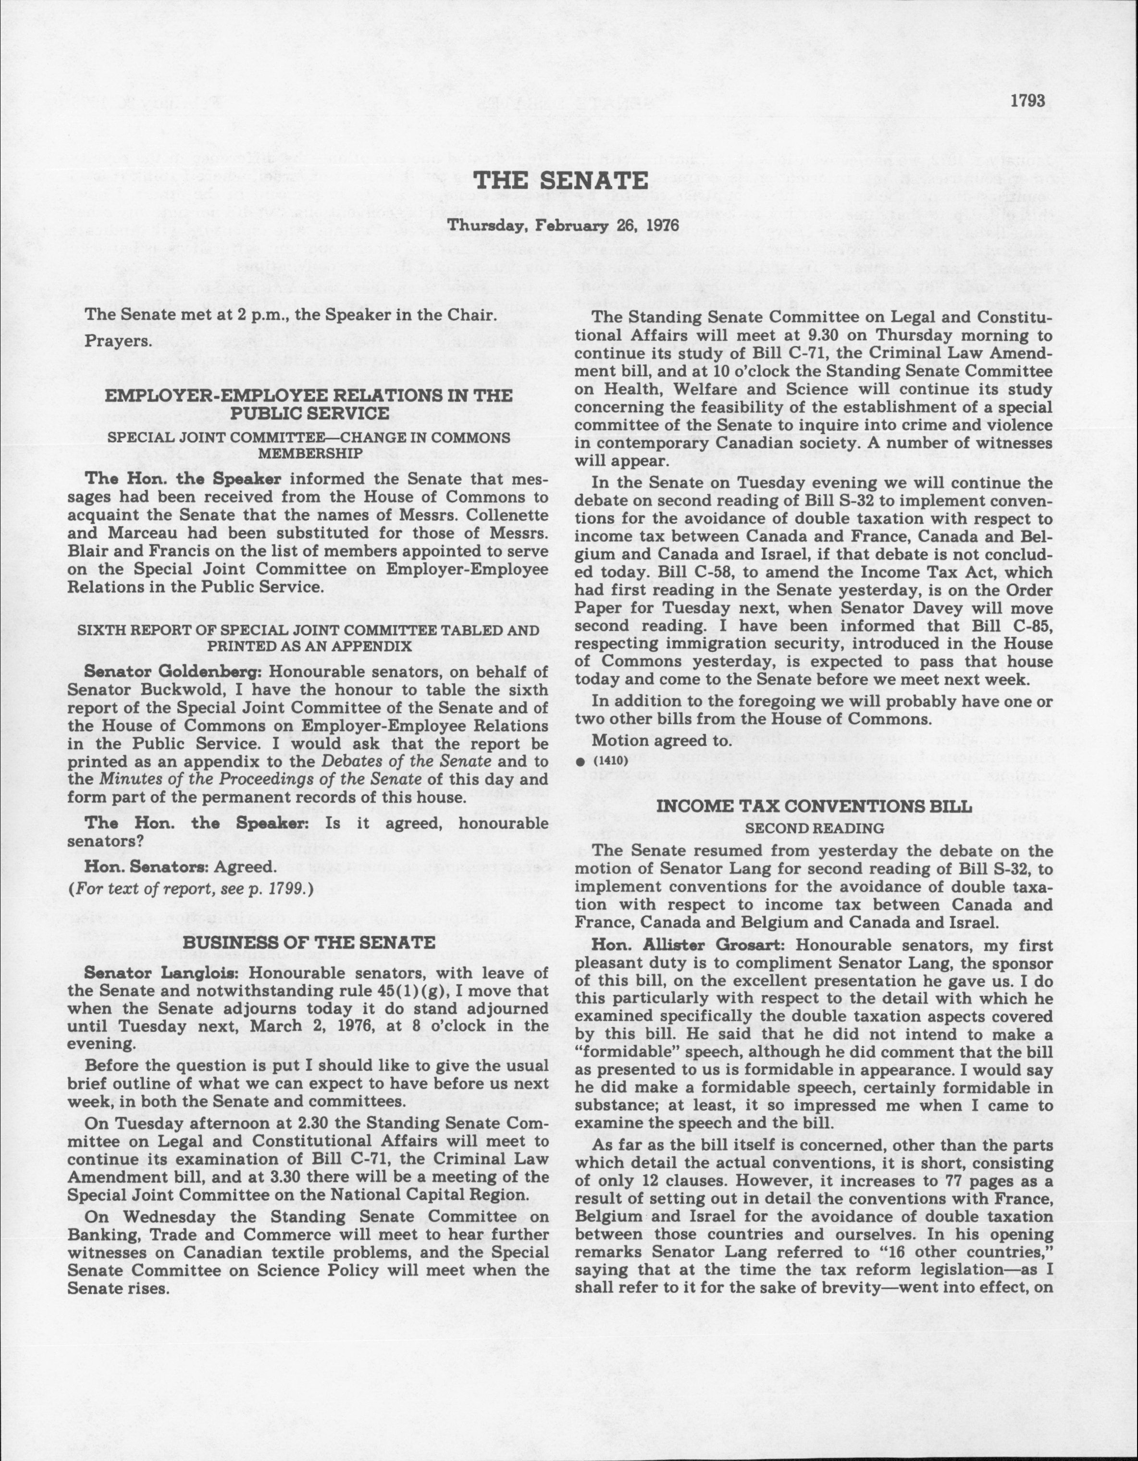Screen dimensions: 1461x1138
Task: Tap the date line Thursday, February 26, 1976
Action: (x=563, y=226)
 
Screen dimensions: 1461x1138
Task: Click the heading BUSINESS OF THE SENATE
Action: (x=309, y=942)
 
